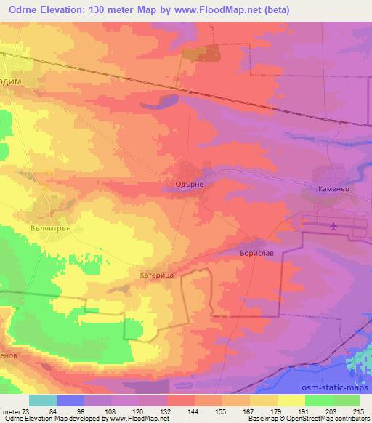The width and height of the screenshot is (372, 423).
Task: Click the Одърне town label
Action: pyautogui.click(x=193, y=185)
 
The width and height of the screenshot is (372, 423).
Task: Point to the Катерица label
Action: pyautogui.click(x=155, y=276)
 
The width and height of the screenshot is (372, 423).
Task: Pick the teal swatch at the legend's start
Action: pyautogui.click(x=42, y=400)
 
